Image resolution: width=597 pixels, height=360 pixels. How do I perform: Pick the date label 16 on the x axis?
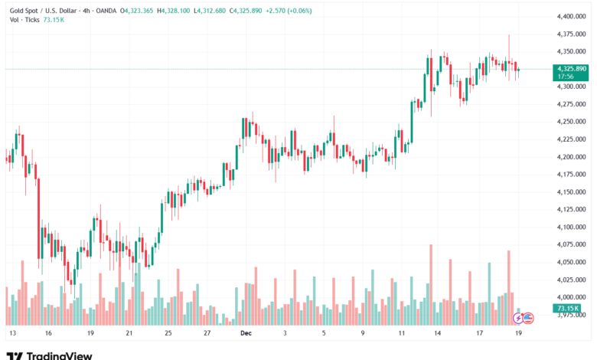48,333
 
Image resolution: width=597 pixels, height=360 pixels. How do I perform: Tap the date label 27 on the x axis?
207,333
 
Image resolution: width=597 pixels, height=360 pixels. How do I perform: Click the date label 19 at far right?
518,333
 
